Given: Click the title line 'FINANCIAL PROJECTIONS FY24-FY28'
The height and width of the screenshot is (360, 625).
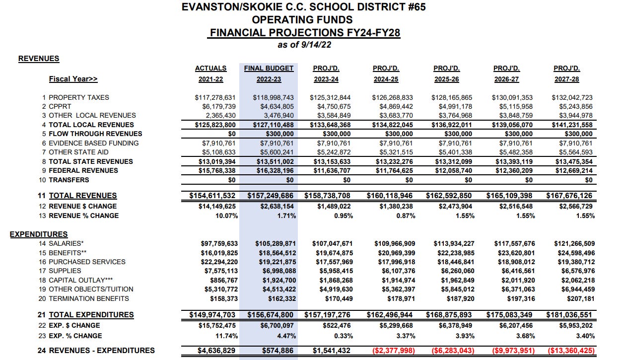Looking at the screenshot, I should (x=305, y=33).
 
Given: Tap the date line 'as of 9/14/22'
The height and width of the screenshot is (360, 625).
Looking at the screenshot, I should (x=304, y=45).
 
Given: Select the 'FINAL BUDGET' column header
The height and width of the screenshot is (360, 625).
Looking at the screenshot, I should (x=269, y=68).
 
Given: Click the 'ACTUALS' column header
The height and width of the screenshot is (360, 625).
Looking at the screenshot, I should (x=210, y=68).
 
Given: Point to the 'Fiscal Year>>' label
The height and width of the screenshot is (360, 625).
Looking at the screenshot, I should (x=73, y=79).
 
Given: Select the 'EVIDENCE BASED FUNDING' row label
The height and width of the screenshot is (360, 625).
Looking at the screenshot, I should (x=93, y=143).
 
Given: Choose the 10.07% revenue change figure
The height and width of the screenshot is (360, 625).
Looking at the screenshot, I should (x=226, y=216).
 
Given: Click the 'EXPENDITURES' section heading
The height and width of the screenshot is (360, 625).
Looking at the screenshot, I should (x=39, y=234).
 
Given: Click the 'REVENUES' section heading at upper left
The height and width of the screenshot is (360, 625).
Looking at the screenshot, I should (x=39, y=59).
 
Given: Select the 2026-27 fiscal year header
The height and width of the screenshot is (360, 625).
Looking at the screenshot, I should (x=506, y=79).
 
